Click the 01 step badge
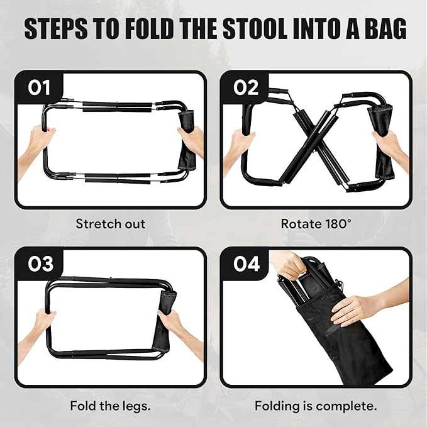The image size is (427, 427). (x=40, y=88)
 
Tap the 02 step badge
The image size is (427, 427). (x=246, y=88)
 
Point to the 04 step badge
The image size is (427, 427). (x=246, y=264)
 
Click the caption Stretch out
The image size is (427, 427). (x=111, y=223)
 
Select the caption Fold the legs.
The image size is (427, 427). (x=111, y=406)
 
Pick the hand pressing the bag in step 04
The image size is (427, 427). (x=358, y=308)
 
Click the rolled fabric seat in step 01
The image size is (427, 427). (x=186, y=141)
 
